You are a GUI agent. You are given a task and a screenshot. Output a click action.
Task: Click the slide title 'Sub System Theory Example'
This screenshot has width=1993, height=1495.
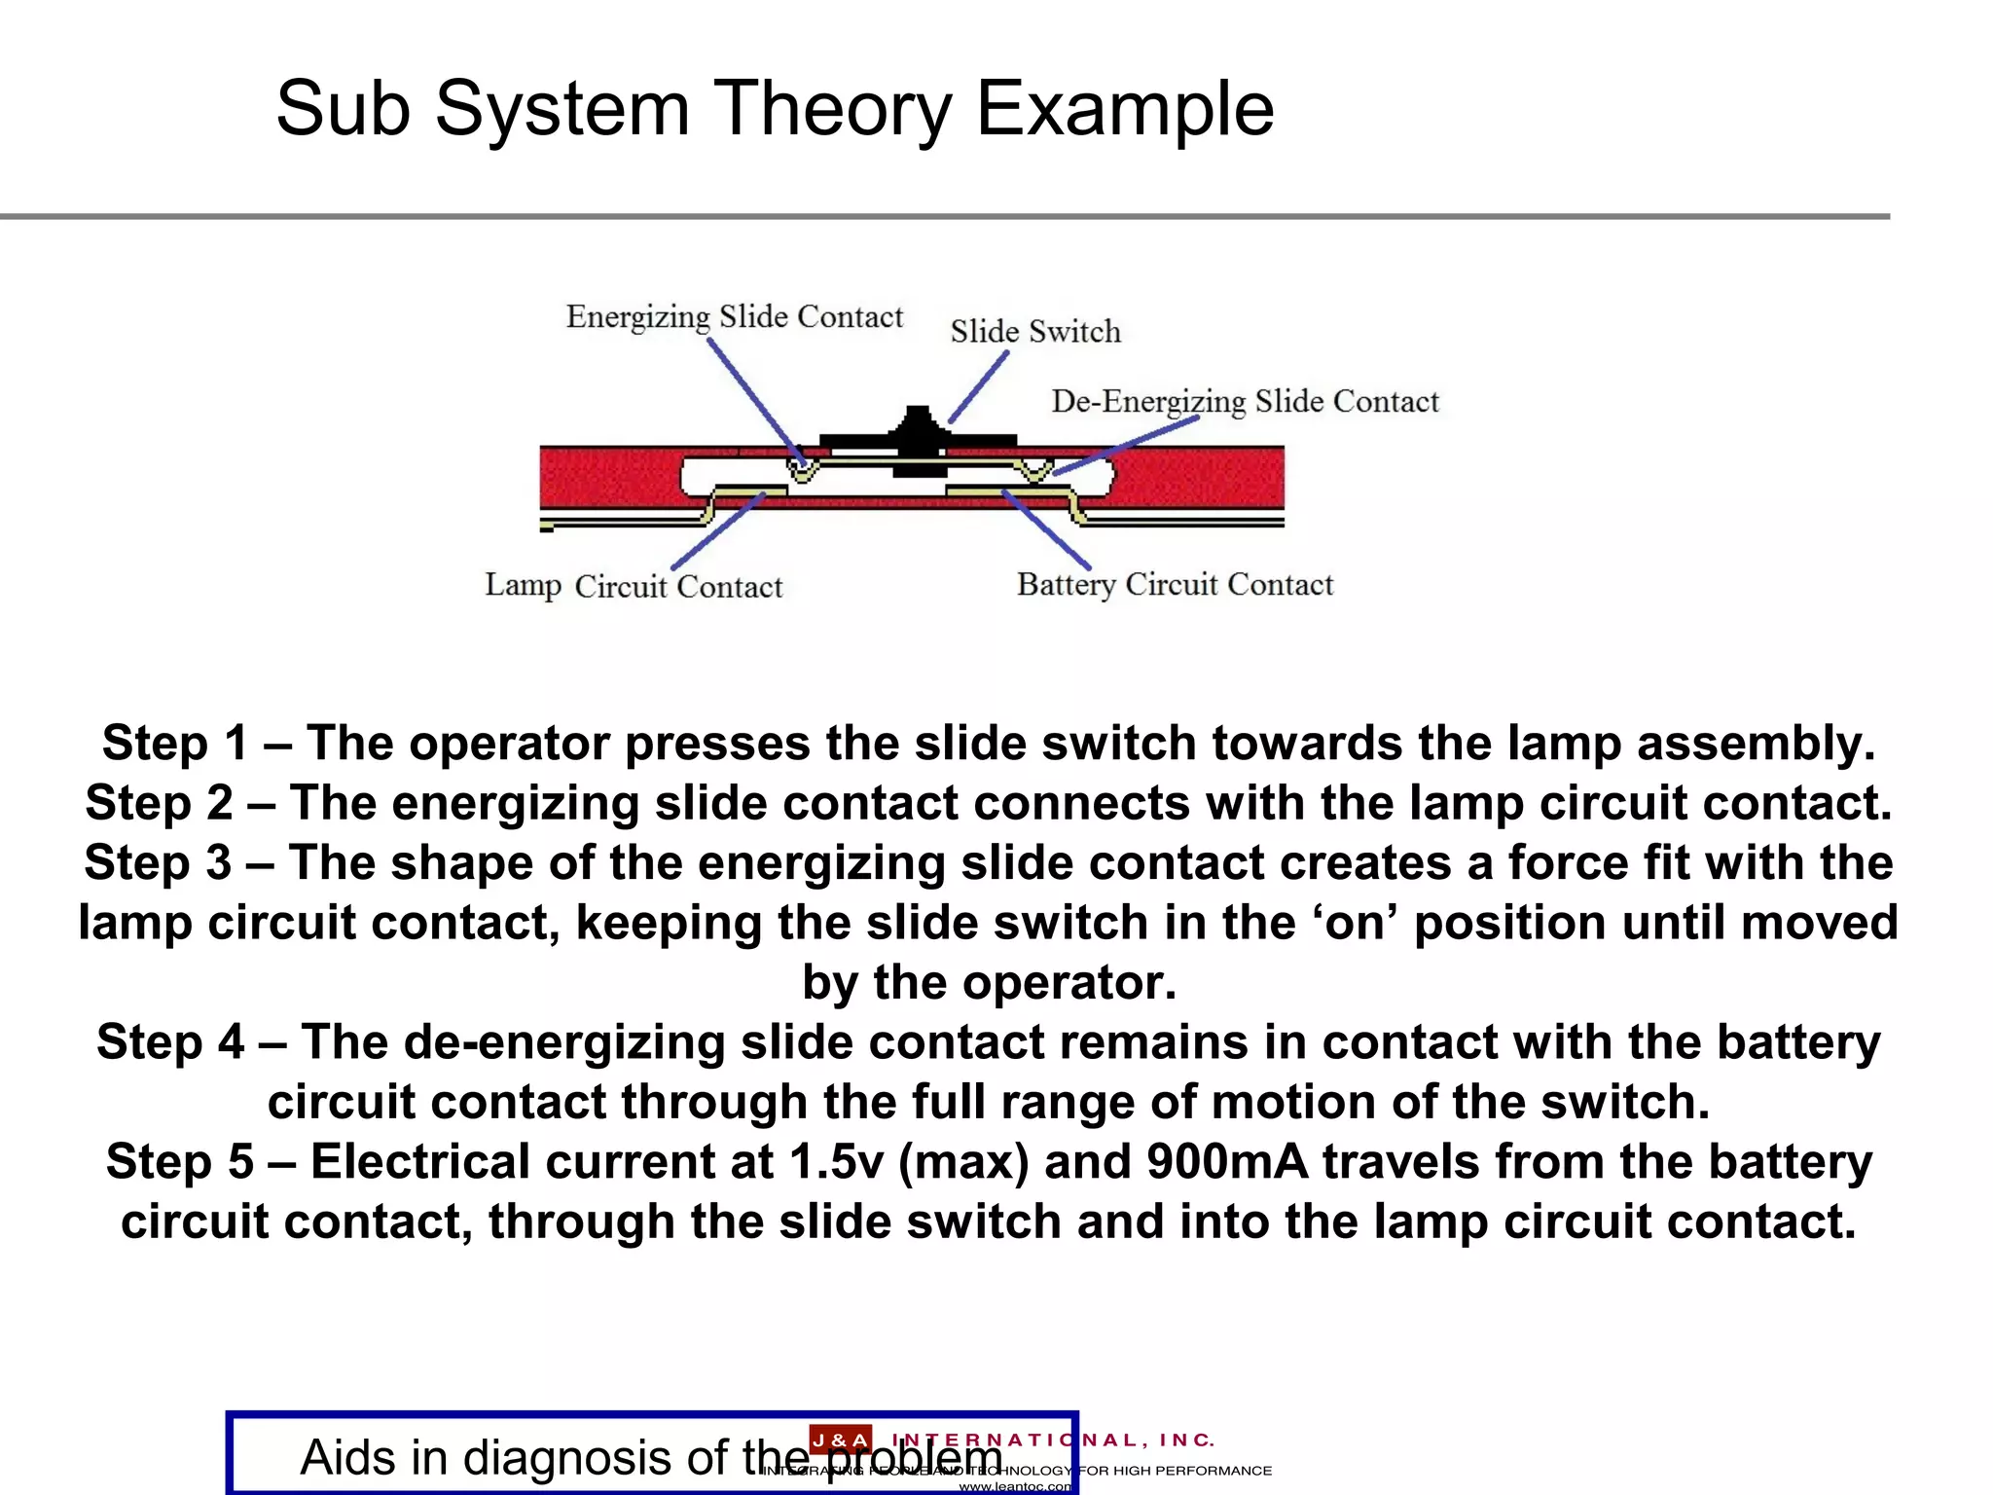point(775,109)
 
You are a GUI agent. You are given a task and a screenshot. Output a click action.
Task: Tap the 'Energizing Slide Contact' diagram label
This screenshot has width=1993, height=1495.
point(735,317)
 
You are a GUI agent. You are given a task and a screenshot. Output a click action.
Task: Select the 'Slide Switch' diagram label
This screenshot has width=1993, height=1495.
point(1035,332)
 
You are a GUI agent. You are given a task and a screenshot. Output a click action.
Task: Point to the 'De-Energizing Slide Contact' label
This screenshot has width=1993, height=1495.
point(1245,402)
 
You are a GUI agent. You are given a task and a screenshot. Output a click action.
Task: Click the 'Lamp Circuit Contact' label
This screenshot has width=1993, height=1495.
point(634,586)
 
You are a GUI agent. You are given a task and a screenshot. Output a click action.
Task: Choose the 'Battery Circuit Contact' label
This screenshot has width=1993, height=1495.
point(1175,584)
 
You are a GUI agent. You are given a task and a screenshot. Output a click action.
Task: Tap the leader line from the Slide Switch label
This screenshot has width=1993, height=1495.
point(978,387)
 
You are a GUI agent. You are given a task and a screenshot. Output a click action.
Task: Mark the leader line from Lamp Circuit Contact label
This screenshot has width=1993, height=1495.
point(717,531)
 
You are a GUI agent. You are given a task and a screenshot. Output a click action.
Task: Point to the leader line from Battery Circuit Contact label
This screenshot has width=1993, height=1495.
point(1047,530)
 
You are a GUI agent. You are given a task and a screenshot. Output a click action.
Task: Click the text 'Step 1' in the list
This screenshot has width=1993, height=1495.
point(174,744)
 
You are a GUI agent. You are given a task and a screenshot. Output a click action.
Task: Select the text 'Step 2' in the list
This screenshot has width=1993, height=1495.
point(158,804)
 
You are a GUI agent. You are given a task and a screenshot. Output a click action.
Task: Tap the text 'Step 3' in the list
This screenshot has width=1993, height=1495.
point(157,863)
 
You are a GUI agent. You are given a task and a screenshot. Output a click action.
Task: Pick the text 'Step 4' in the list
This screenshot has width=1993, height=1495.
point(169,1042)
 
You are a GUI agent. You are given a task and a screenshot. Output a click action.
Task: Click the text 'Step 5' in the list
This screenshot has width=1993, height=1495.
point(179,1162)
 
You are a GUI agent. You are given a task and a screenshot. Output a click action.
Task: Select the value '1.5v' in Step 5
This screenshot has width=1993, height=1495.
point(836,1162)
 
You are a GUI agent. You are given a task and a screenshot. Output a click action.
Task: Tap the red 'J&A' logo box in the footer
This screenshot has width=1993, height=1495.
point(841,1440)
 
